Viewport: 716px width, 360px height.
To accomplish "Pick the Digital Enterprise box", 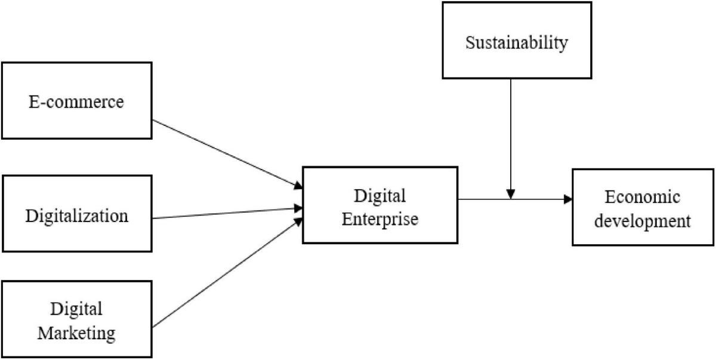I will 379,205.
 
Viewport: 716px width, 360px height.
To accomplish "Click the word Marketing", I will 76,332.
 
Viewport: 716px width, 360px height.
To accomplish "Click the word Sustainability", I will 517,43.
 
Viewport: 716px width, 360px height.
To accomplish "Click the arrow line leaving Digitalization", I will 227,213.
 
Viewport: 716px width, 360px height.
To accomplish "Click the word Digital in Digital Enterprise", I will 379,195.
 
